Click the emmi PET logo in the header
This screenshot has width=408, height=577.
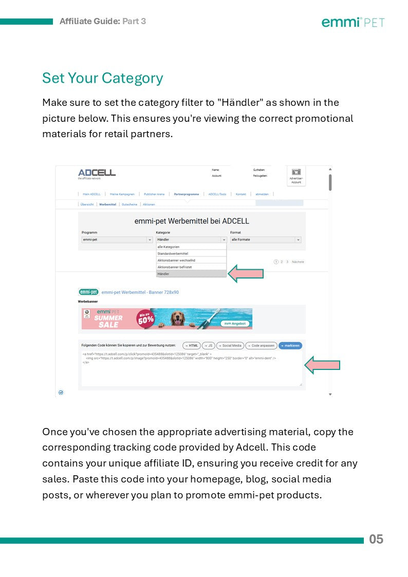[353, 22]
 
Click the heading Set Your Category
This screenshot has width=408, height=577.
[102, 78]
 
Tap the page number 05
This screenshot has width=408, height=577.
[376, 539]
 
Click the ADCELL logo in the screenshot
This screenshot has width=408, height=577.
[97, 173]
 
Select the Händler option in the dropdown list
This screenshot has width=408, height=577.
[191, 274]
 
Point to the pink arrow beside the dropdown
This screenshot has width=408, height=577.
[246, 274]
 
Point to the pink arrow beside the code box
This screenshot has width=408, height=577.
[322, 366]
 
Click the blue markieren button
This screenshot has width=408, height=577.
[290, 346]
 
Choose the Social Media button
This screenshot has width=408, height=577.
[230, 346]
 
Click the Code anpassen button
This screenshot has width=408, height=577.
[261, 346]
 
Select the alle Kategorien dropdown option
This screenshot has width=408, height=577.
[191, 247]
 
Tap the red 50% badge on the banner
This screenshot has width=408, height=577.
[145, 319]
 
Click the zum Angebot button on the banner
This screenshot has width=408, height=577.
[235, 324]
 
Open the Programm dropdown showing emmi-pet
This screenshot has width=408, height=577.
[117, 239]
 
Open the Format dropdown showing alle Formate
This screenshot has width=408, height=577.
[265, 239]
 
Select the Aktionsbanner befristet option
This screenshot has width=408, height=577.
[191, 267]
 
